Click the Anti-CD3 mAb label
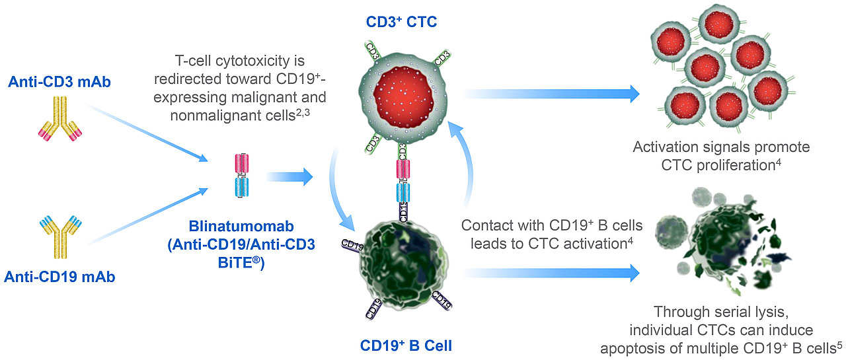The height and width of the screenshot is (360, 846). coord(59,81)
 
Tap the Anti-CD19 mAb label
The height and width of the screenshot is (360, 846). coord(59,277)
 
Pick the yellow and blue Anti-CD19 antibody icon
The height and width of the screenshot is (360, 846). coord(59,237)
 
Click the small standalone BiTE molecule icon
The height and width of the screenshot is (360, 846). coord(241,176)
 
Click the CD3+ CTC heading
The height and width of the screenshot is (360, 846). coord(402,22)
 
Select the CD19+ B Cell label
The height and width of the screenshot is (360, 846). coord(406,344)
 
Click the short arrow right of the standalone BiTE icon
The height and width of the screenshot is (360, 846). coord(289,176)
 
